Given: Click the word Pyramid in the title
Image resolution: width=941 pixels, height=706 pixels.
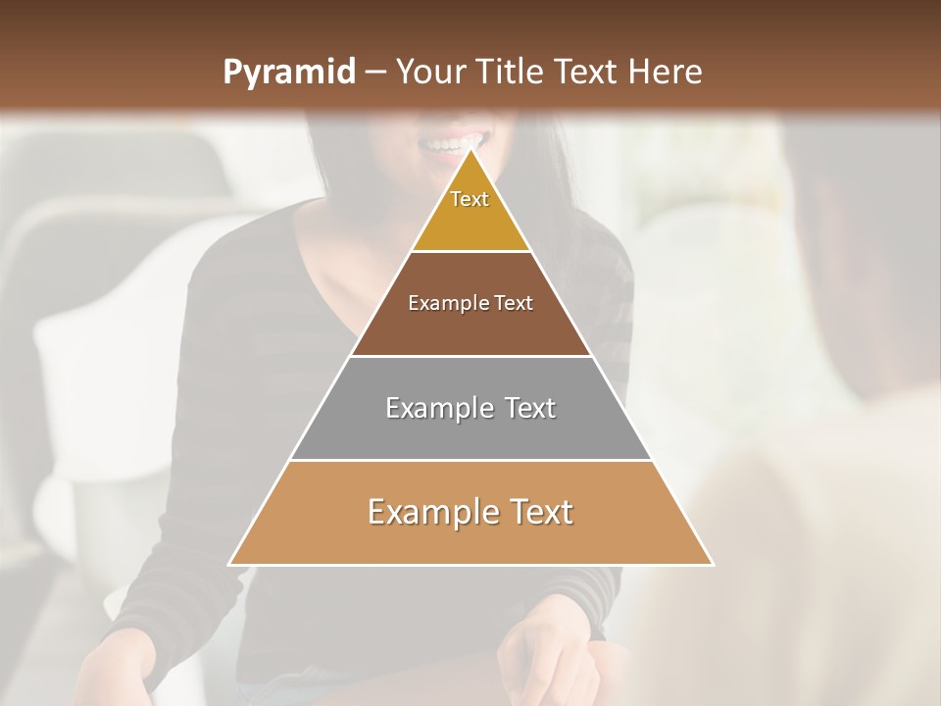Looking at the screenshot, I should [288, 73].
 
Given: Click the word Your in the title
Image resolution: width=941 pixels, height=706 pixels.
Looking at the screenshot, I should [429, 73].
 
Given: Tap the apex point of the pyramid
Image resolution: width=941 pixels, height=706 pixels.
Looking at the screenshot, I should [471, 150].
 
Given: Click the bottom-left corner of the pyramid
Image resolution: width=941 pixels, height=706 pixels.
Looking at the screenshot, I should [229, 565].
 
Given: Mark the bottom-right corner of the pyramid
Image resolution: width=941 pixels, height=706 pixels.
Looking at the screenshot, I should [713, 565].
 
